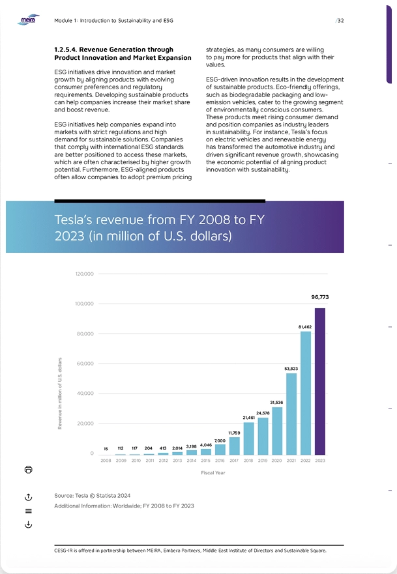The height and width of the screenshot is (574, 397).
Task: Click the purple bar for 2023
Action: tap(320, 381)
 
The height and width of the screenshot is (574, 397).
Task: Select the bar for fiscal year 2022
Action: tap(306, 393)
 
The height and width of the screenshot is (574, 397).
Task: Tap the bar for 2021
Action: tap(291, 414)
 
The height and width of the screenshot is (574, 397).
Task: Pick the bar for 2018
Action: tap(248, 438)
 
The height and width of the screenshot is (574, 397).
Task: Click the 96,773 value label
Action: tap(320, 297)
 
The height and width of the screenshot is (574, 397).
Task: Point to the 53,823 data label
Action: tap(291, 369)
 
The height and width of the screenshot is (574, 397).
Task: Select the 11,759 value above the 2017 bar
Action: tap(235, 433)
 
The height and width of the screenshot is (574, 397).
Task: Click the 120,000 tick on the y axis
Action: tap(85, 274)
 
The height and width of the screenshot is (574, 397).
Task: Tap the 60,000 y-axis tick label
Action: tap(85, 364)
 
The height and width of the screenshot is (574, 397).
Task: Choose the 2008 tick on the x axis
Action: tap(106, 461)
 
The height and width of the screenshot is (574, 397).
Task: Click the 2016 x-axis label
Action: tap(220, 461)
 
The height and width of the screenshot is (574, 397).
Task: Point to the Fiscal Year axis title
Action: tap(213, 472)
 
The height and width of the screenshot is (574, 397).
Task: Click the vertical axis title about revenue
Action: tap(60, 393)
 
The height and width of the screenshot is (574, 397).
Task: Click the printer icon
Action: tap(28, 469)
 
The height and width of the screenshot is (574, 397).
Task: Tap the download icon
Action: tap(28, 524)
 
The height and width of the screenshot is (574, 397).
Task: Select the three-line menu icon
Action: tap(28, 511)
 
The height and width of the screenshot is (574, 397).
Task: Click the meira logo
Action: tap(28, 20)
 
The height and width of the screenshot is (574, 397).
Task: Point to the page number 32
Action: tap(340, 20)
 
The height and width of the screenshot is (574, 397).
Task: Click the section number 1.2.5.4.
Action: tap(65, 50)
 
